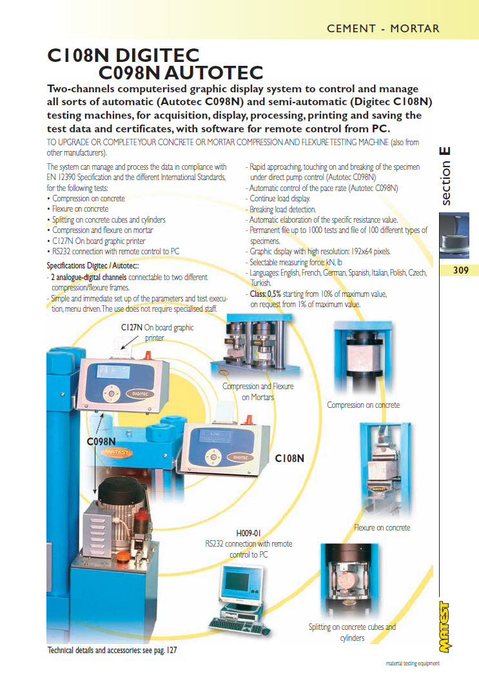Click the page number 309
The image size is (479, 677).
[460, 270]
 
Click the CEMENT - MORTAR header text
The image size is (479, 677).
[383, 28]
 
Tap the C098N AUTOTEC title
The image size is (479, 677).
[181, 72]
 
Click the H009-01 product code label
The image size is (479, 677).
[248, 533]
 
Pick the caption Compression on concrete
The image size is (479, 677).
[363, 405]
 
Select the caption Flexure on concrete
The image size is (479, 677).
[382, 528]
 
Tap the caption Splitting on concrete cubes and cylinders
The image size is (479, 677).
[352, 632]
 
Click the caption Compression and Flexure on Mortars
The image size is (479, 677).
[257, 392]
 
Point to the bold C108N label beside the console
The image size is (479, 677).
[289, 459]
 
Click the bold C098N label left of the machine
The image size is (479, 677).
[101, 442]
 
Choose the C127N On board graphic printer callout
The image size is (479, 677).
[157, 332]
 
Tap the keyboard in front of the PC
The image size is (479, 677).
[235, 625]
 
